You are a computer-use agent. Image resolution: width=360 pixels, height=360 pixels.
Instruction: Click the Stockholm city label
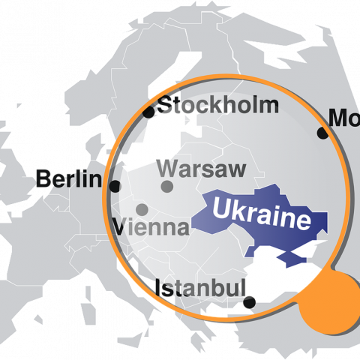click(218, 106)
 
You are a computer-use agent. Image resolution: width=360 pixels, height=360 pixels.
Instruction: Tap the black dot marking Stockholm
click(148, 112)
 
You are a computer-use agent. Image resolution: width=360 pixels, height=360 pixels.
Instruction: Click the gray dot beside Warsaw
click(166, 186)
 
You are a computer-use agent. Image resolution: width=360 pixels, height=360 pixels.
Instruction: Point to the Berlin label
click(68, 178)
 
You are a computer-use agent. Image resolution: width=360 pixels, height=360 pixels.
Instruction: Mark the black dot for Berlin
click(115, 185)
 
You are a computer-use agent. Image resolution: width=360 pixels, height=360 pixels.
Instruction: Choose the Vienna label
click(150, 226)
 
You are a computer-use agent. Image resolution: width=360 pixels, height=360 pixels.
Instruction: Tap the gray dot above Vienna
click(142, 209)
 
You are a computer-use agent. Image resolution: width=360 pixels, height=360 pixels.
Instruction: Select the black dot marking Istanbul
click(250, 303)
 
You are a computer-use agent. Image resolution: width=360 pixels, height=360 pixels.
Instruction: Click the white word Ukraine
click(261, 214)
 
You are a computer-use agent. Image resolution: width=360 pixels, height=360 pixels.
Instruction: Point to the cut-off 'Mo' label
click(344, 118)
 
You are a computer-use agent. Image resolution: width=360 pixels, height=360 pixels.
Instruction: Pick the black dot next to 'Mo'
click(322, 133)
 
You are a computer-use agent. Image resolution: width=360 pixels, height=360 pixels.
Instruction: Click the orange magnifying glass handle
click(331, 303)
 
